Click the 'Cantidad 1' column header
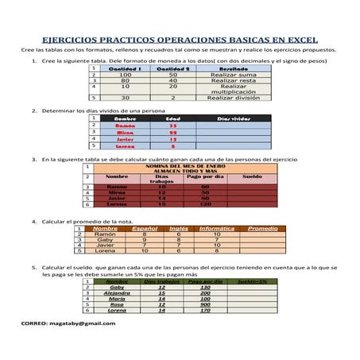point(126,68)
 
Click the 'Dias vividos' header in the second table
point(234,118)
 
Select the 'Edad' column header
point(172,118)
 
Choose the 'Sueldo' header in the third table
point(251,176)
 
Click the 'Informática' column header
point(216,228)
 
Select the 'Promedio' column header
point(263,228)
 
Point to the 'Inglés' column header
point(180,228)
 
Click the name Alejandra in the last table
point(117,292)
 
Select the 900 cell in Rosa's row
point(206,304)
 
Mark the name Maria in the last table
point(117,299)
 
